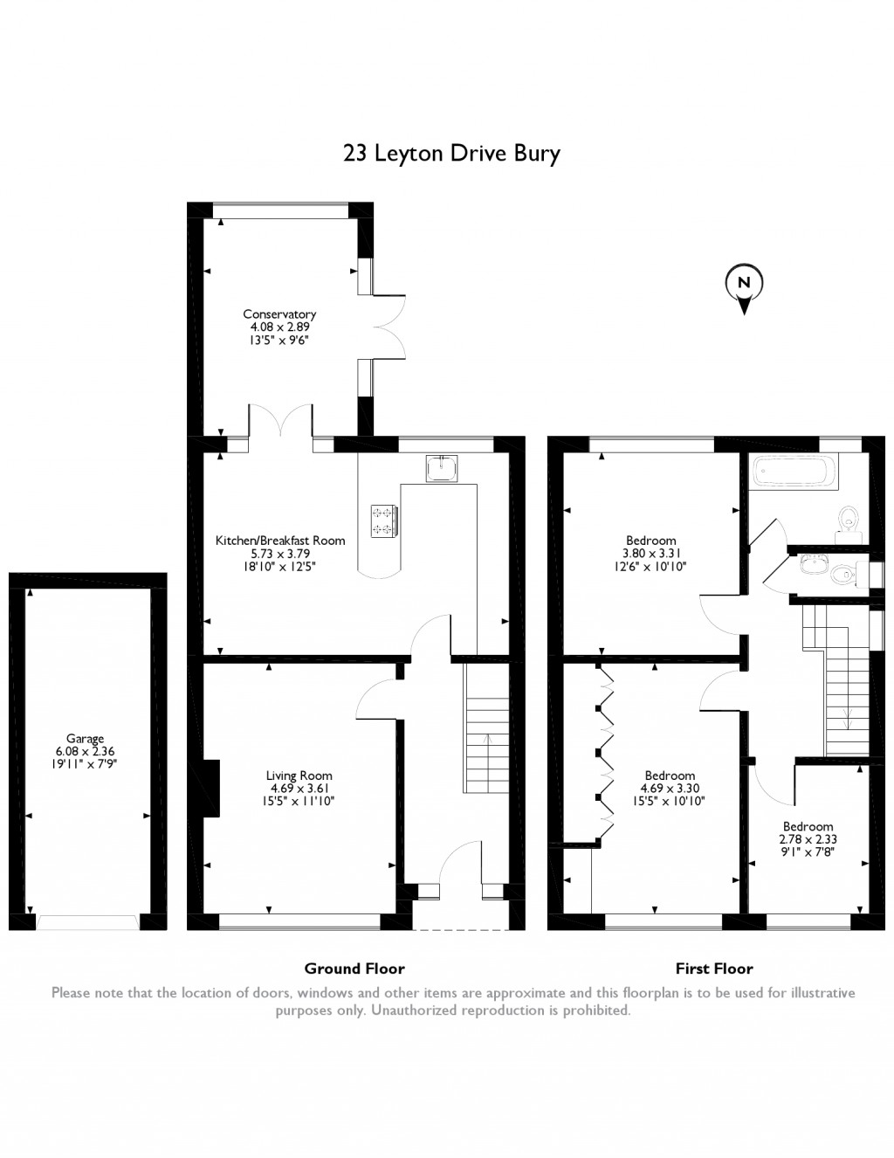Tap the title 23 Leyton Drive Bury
pyautogui.click(x=451, y=154)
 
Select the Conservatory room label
pyautogui.click(x=279, y=314)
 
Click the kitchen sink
pyautogui.click(x=441, y=468)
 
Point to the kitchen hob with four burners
pyautogui.click(x=384, y=520)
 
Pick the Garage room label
pyautogui.click(x=85, y=739)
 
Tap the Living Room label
pyautogui.click(x=299, y=775)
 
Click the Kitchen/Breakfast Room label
pyautogui.click(x=279, y=541)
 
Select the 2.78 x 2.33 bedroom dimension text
pyautogui.click(x=808, y=839)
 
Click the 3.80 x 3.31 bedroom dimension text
pyautogui.click(x=651, y=554)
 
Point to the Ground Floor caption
pyautogui.click(x=354, y=968)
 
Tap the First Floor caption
pyautogui.click(x=714, y=968)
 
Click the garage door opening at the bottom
pyautogui.click(x=87, y=922)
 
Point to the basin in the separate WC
pyautogui.click(x=813, y=565)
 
